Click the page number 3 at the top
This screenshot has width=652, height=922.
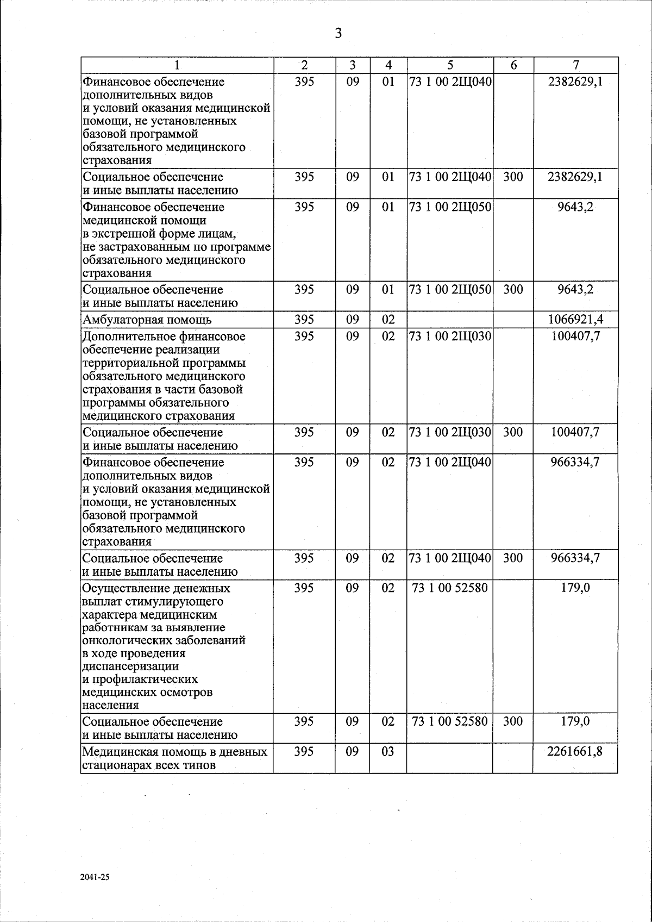338,34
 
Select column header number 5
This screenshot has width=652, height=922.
450,65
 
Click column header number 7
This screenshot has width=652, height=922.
576,65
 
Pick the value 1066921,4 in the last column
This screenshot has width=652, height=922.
575,320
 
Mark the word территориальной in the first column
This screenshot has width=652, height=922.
128,363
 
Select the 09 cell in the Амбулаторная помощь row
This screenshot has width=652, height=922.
353,320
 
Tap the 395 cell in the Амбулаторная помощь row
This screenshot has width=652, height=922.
304,320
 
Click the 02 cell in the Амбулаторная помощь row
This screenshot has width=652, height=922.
388,320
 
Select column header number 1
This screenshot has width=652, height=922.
176,65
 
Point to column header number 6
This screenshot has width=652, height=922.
513,65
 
